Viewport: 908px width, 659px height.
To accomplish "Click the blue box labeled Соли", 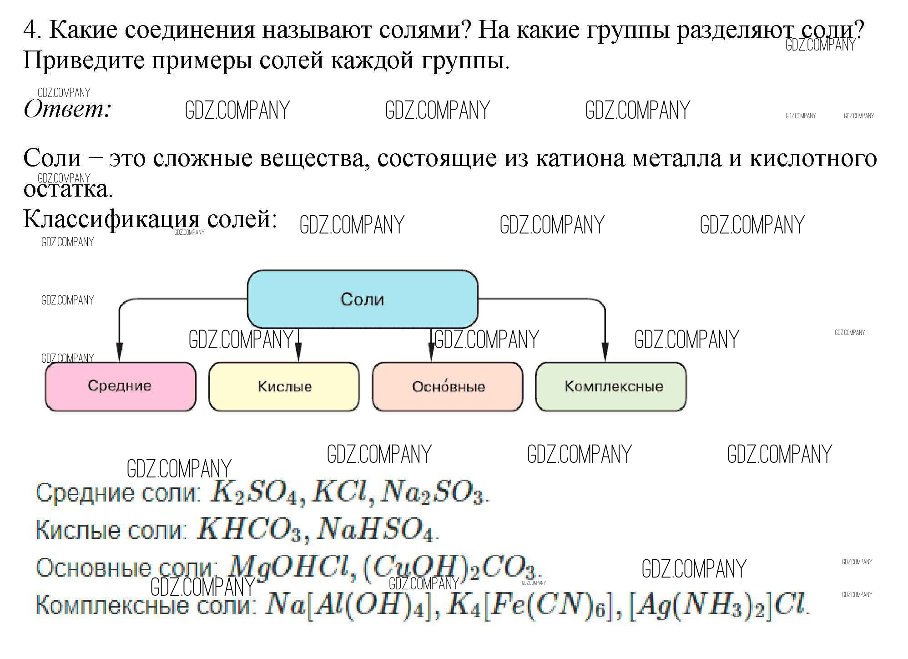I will click(x=362, y=299).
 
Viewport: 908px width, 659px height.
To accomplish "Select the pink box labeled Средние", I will click(x=120, y=386).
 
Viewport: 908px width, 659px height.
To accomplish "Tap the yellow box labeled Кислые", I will click(x=284, y=386).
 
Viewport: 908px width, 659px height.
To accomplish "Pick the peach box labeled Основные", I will click(x=448, y=386).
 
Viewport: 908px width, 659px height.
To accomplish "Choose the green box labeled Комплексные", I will click(x=611, y=386).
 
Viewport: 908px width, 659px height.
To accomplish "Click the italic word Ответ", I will click(x=67, y=109).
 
